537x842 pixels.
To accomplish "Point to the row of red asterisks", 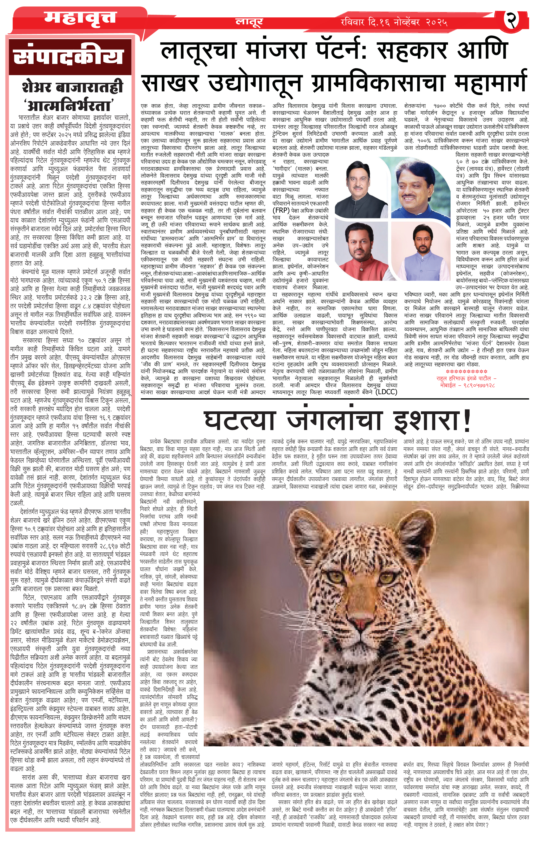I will (x=466, y=371).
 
